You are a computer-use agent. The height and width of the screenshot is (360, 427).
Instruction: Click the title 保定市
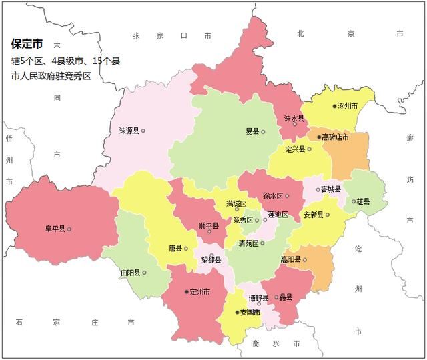(x=27, y=45)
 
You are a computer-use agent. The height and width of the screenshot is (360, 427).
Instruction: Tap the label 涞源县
(x=129, y=131)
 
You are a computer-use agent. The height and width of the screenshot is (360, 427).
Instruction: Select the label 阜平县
(x=55, y=229)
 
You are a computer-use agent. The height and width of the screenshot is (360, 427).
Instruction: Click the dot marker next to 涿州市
(x=334, y=106)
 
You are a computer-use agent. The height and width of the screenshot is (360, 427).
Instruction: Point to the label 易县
(x=252, y=131)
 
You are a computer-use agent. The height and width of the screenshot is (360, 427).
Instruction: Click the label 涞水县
(x=294, y=118)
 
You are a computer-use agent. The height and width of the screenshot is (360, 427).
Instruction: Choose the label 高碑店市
(x=335, y=137)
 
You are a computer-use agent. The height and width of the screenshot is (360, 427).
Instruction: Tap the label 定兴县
(x=294, y=149)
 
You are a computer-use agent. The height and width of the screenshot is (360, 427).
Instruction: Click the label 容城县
(x=331, y=189)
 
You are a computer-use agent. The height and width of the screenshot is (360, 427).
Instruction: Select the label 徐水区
(x=273, y=196)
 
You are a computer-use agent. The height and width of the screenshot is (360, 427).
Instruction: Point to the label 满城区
(x=236, y=203)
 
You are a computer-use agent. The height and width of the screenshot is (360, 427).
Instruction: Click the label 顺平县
(x=209, y=225)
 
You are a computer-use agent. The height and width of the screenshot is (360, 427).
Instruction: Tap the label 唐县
(x=175, y=248)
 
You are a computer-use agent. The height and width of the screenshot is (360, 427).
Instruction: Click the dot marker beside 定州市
(x=186, y=291)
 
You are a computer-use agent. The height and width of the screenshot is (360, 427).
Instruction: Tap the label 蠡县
(x=286, y=297)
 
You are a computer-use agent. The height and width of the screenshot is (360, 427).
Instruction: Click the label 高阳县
(x=290, y=259)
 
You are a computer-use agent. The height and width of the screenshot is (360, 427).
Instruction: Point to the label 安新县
(x=313, y=215)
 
